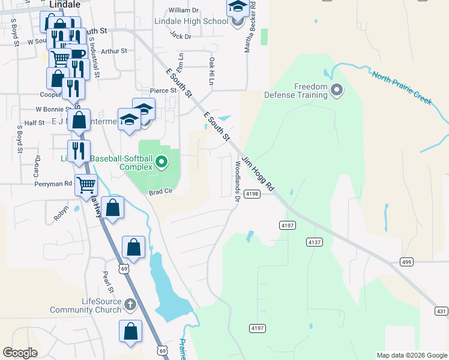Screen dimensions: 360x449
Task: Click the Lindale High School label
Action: [191, 22]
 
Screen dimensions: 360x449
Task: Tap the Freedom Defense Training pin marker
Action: [337, 91]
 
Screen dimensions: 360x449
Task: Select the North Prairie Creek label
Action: [402, 88]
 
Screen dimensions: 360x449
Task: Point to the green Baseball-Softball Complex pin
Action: [161, 162]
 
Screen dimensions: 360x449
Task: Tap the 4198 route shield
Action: [252, 194]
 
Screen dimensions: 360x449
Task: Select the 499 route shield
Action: [406, 262]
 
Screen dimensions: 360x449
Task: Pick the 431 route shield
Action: [441, 311]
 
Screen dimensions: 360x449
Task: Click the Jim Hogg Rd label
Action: [258, 175]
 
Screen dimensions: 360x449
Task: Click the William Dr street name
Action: [184, 10]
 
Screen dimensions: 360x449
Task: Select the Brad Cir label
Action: [161, 193]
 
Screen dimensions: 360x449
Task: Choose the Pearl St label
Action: [107, 281]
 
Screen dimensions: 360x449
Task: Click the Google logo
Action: [20, 353]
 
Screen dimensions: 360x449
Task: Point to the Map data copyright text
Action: [412, 355]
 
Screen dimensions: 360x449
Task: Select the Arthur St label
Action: [114, 51]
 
